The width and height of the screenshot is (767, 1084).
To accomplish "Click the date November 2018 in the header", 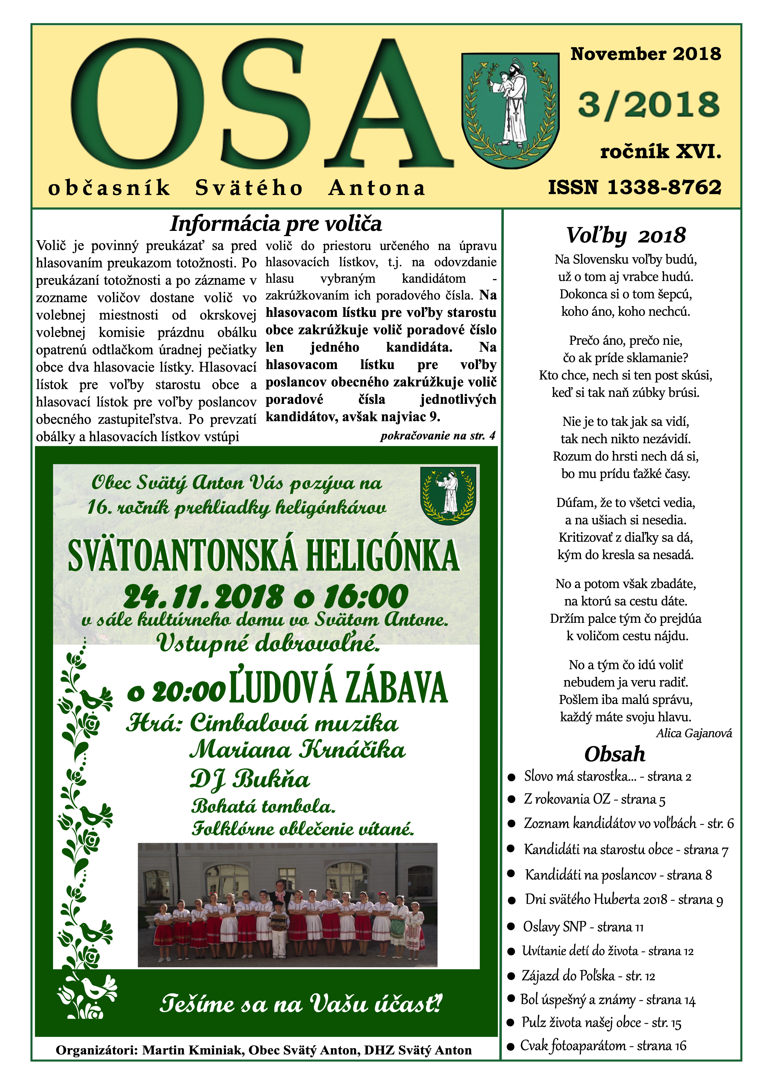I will point(645,54).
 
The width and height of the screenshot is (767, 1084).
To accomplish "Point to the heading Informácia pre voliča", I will point(276,223).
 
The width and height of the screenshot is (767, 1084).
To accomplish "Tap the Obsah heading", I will point(615,754).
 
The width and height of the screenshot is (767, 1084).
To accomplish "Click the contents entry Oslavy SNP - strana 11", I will point(583,927).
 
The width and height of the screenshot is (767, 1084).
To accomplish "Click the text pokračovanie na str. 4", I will point(438,435).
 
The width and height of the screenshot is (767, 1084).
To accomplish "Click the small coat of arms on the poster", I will point(448,495).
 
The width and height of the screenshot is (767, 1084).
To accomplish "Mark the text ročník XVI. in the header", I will point(660,152).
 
